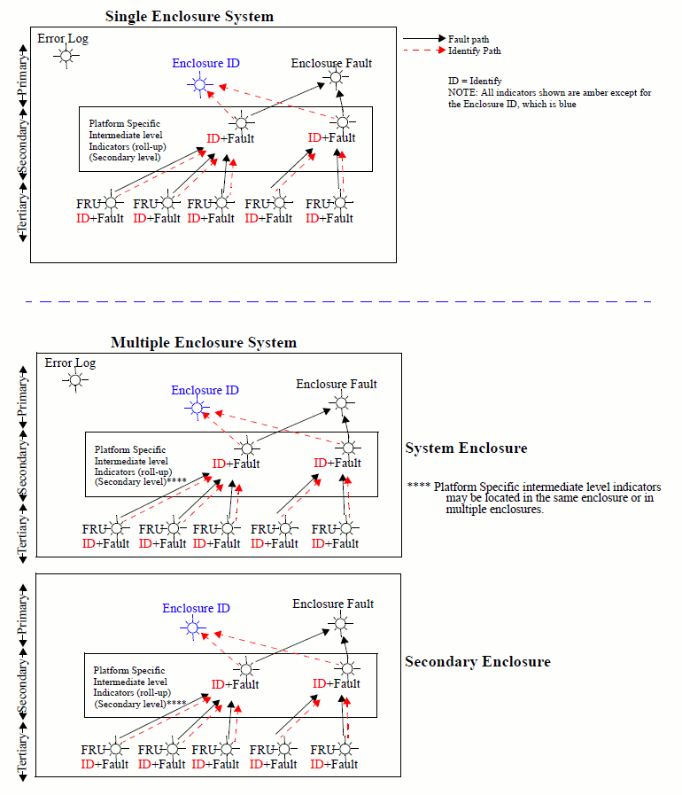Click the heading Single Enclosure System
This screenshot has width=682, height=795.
[x=190, y=17]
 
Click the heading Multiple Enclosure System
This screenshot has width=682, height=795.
[x=204, y=343]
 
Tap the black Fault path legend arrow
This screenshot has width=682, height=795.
[x=424, y=39]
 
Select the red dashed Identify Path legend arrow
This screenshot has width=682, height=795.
[x=424, y=51]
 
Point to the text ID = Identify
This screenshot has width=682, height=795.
[x=475, y=81]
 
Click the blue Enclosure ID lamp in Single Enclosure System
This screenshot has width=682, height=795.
[x=199, y=85]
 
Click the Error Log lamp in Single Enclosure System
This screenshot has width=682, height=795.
[x=65, y=57]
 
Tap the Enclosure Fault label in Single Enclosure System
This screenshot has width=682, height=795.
[x=331, y=64]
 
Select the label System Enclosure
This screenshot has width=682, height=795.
[x=466, y=448]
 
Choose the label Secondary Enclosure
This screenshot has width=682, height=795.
[x=477, y=662]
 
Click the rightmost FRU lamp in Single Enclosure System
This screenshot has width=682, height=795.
[x=341, y=204]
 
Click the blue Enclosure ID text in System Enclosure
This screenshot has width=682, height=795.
[x=205, y=391]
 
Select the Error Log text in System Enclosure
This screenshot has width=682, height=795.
[x=70, y=363]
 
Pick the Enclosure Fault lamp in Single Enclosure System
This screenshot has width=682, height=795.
[x=335, y=79]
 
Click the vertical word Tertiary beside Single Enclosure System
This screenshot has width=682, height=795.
[x=23, y=210]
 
